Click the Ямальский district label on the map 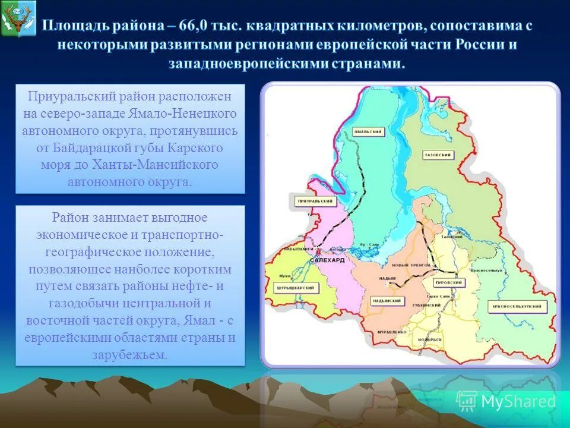[367, 131]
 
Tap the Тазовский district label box [439, 155]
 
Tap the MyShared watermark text [518, 401]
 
